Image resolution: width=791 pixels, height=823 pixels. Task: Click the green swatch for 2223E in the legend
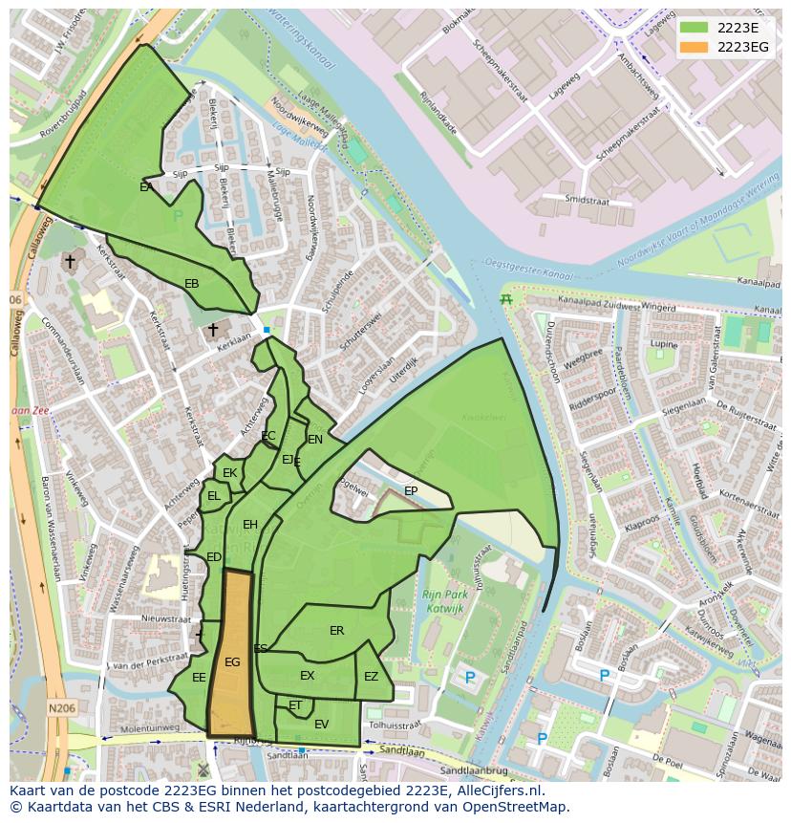[695, 28]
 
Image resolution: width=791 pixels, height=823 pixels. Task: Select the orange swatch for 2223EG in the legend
[695, 47]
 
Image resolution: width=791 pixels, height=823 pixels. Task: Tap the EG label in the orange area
[232, 661]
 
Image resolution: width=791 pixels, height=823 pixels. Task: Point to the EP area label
[411, 491]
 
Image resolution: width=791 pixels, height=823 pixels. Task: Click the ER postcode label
[336, 631]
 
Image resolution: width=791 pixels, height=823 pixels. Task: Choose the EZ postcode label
[371, 677]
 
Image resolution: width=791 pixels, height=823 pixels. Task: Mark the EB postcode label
[192, 284]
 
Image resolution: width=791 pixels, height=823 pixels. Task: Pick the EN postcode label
[315, 440]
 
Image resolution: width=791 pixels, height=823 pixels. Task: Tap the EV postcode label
[321, 725]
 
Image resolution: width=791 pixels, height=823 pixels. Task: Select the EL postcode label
[214, 496]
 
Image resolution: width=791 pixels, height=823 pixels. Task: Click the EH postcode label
[250, 525]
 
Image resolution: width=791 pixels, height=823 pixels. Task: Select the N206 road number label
[61, 708]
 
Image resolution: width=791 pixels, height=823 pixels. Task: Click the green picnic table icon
[506, 299]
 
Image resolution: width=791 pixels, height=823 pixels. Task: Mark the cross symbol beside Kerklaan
[213, 330]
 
